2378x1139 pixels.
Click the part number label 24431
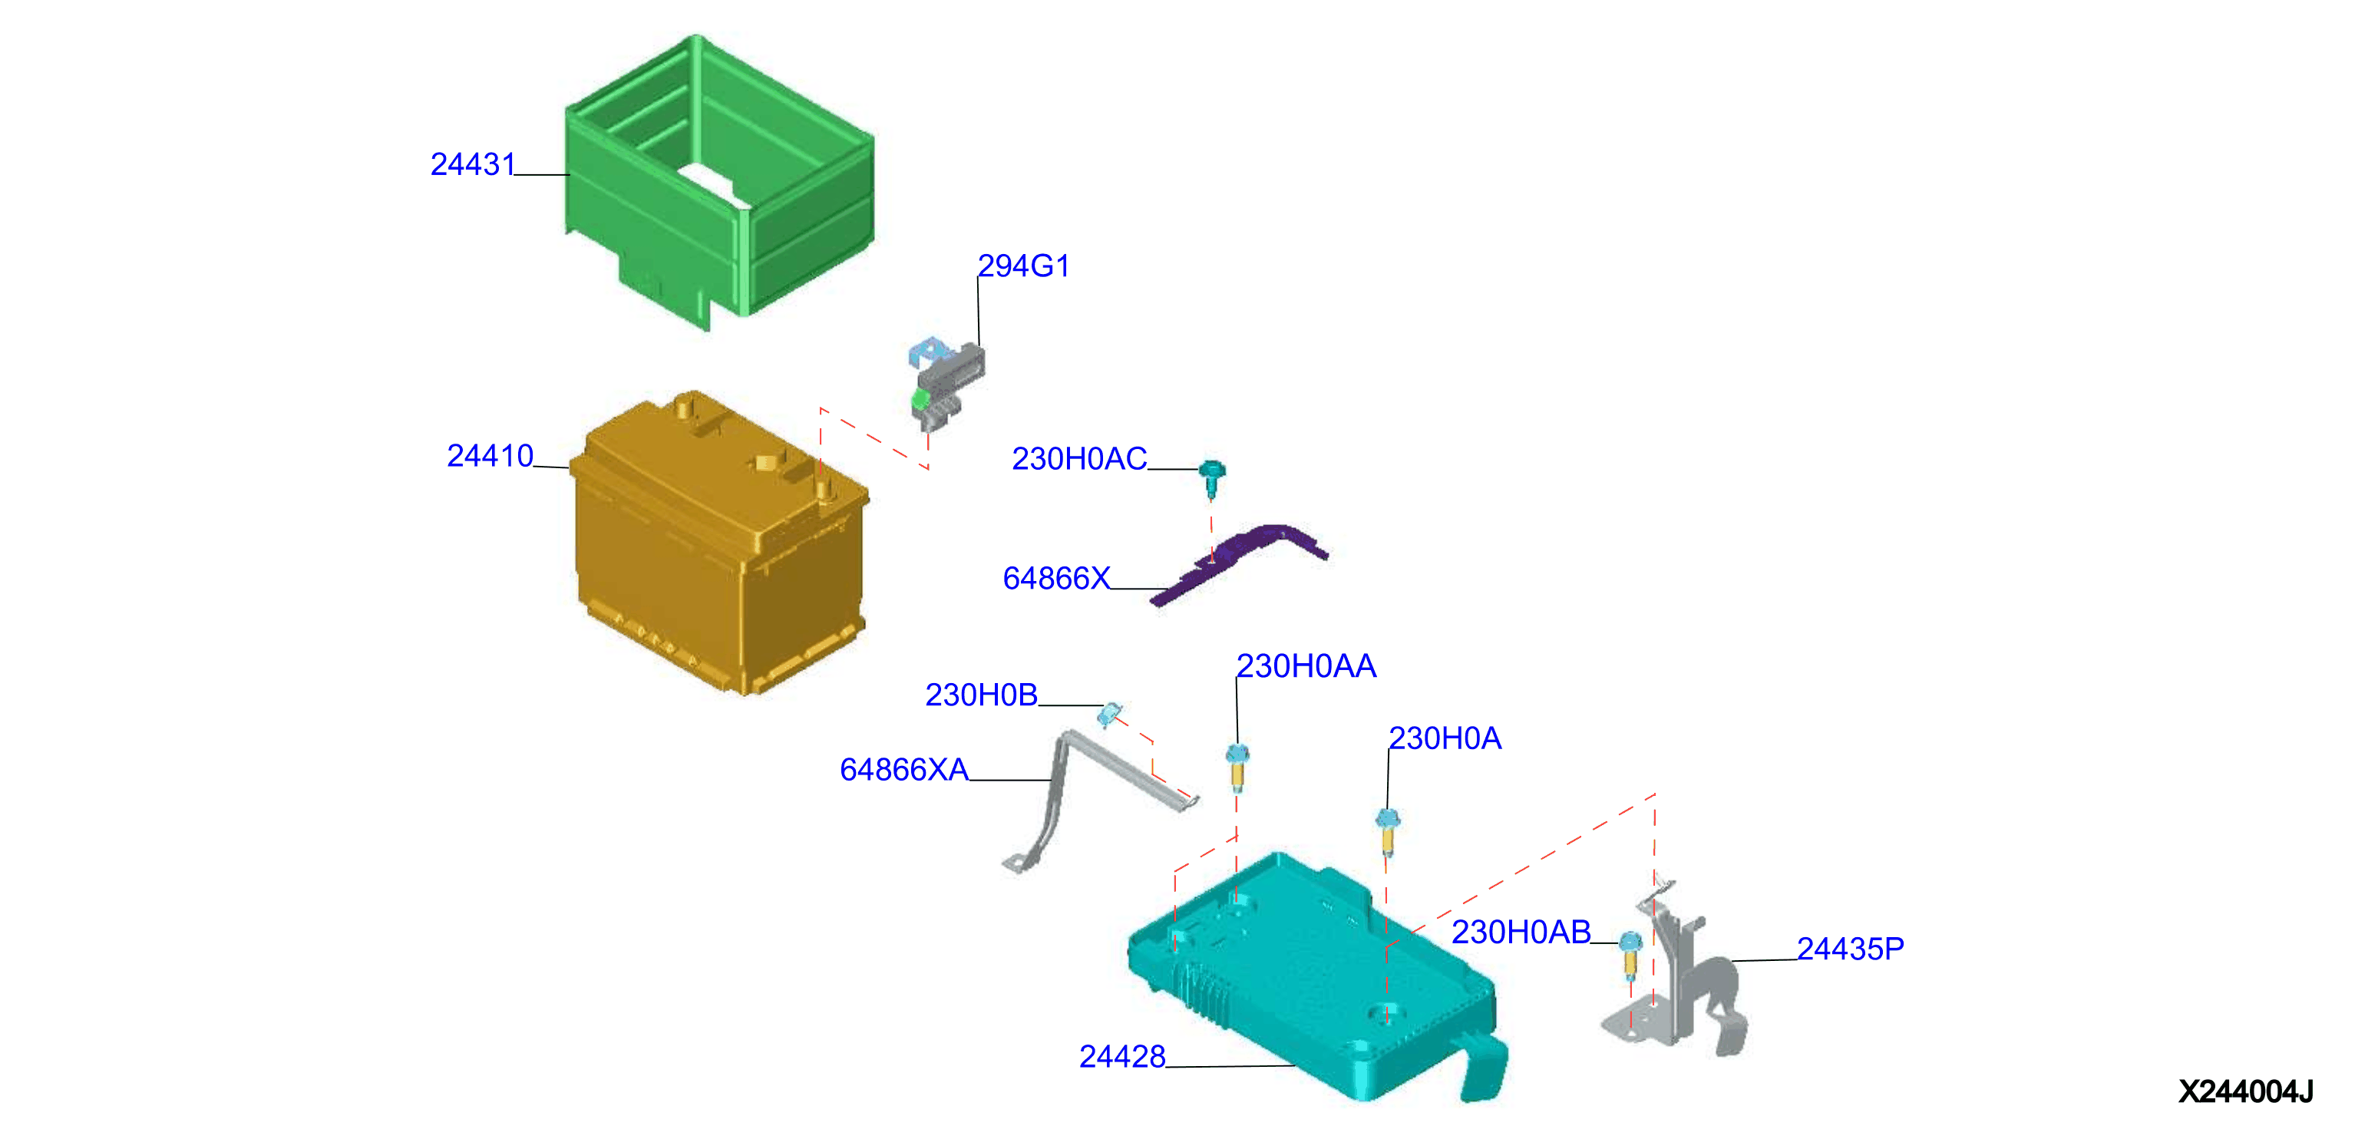472,164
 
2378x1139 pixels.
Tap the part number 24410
490,456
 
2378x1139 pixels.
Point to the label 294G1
1023,266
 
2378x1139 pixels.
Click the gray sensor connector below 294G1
946,383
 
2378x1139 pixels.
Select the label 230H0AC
1079,459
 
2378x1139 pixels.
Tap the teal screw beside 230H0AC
1211,478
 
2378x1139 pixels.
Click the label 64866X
1056,579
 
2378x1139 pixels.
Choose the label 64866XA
903,770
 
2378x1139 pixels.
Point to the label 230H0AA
1306,666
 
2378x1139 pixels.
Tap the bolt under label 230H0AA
1238,767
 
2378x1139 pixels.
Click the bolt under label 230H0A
1388,832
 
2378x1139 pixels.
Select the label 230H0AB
1521,933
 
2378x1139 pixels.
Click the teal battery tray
1311,979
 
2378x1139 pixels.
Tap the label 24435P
1850,949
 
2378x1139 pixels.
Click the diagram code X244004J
2245,1092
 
